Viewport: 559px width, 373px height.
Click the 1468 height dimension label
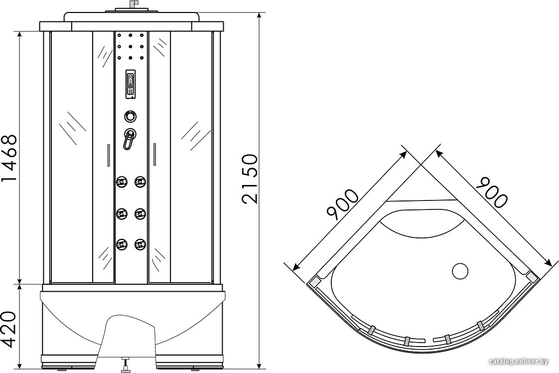(x=9, y=158)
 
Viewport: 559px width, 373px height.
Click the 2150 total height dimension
(x=249, y=179)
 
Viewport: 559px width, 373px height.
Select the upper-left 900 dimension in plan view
(x=342, y=203)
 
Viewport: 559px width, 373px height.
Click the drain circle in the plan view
(x=460, y=271)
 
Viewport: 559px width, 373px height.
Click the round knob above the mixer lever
(x=131, y=116)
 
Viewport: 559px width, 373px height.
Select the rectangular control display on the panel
(x=131, y=84)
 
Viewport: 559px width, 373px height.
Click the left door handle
(x=109, y=155)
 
